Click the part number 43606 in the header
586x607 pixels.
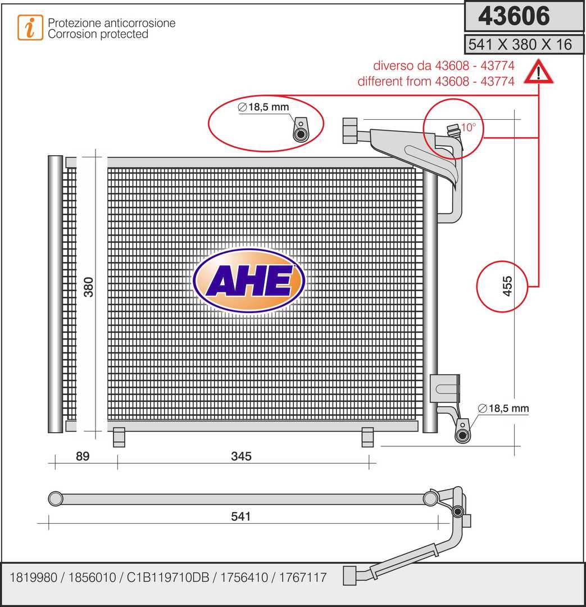514,16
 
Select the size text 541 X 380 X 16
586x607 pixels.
520,44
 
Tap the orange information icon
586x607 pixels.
30,28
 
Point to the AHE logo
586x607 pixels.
249,280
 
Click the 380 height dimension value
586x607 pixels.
89,287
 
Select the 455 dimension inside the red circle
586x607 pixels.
507,286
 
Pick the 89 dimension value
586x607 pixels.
83,456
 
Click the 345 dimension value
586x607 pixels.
241,456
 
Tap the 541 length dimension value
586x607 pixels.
240,516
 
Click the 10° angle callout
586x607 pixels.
469,127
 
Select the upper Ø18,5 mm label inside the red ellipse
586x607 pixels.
263,107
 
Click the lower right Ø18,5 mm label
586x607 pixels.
503,408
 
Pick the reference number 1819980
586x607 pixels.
33,578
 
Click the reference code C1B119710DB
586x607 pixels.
168,578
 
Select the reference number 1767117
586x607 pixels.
303,578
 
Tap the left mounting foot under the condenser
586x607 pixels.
119,437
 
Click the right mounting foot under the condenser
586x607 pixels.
367,437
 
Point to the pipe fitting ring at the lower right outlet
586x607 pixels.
462,435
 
